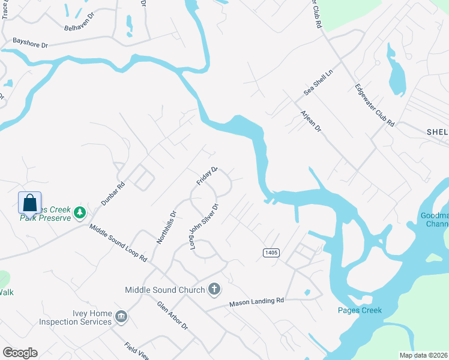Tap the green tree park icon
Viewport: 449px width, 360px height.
coord(79,212)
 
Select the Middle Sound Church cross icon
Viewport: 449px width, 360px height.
coord(214,290)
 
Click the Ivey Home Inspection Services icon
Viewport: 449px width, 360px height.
coord(121,317)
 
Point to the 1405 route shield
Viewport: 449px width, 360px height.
coord(271,253)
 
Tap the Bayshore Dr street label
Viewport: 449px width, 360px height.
coord(30,42)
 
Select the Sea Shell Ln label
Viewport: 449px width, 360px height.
coord(318,82)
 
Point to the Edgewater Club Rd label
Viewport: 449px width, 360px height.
coord(375,104)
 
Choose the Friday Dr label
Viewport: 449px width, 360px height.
coord(207,176)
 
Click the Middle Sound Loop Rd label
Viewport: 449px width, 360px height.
coord(118,244)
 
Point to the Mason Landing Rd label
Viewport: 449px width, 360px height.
coord(256,304)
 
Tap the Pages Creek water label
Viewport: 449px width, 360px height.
coord(359,310)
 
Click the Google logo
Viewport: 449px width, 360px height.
coord(19,353)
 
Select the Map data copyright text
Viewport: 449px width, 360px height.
coord(424,355)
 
